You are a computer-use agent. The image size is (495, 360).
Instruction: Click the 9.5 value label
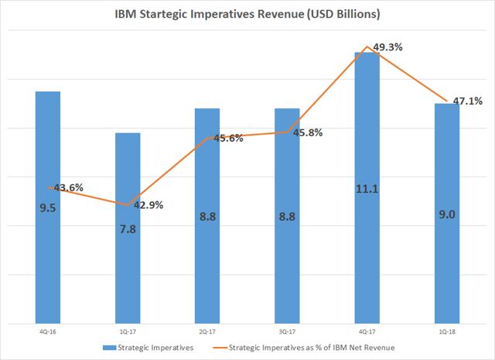[47, 207]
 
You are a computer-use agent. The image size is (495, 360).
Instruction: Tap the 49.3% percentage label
[386, 48]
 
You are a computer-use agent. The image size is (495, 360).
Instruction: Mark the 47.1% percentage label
[466, 101]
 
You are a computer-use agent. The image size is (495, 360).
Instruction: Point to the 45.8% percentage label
[306, 132]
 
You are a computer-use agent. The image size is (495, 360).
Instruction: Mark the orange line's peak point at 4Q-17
[367, 46]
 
